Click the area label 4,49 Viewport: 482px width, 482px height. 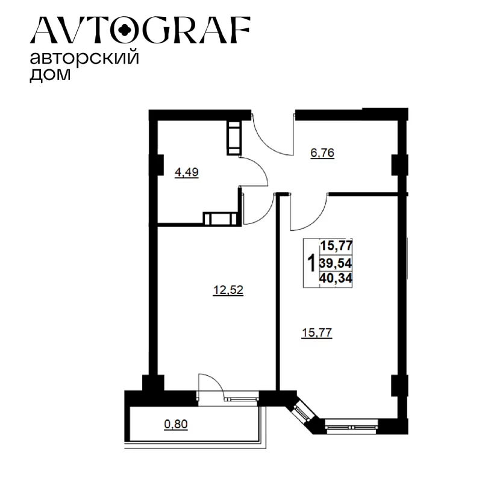tap(187, 172)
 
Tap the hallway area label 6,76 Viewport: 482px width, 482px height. tap(322, 153)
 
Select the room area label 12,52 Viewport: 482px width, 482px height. tap(228, 290)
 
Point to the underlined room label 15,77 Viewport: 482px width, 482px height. tap(318, 333)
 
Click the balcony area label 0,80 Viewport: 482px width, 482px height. tap(176, 424)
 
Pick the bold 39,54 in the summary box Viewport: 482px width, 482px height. tap(336, 263)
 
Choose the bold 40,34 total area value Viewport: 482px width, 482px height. tap(336, 278)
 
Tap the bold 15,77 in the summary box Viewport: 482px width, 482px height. tap(336, 246)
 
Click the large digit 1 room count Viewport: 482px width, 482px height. tap(311, 263)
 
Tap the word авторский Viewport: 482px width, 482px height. tap(84, 58)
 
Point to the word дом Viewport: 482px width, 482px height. tap(50, 75)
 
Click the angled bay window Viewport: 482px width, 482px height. tap(302, 413)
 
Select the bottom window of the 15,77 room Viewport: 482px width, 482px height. tap(352, 427)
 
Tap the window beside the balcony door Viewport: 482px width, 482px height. tap(242, 399)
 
